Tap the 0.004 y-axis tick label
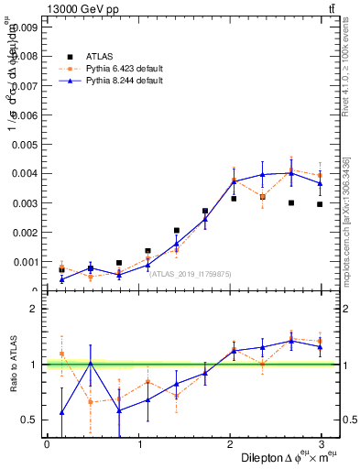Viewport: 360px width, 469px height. pos(25,173)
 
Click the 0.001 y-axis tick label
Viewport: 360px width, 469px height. pos(25,261)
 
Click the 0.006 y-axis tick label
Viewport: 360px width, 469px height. pos(25,115)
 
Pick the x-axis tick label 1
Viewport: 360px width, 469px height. pos(140,443)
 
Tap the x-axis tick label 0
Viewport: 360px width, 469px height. pos(47,443)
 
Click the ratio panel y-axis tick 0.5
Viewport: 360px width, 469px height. pos(30,420)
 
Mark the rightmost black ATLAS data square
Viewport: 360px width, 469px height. pos(320,204)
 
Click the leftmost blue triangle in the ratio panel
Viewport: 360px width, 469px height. pos(61,412)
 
